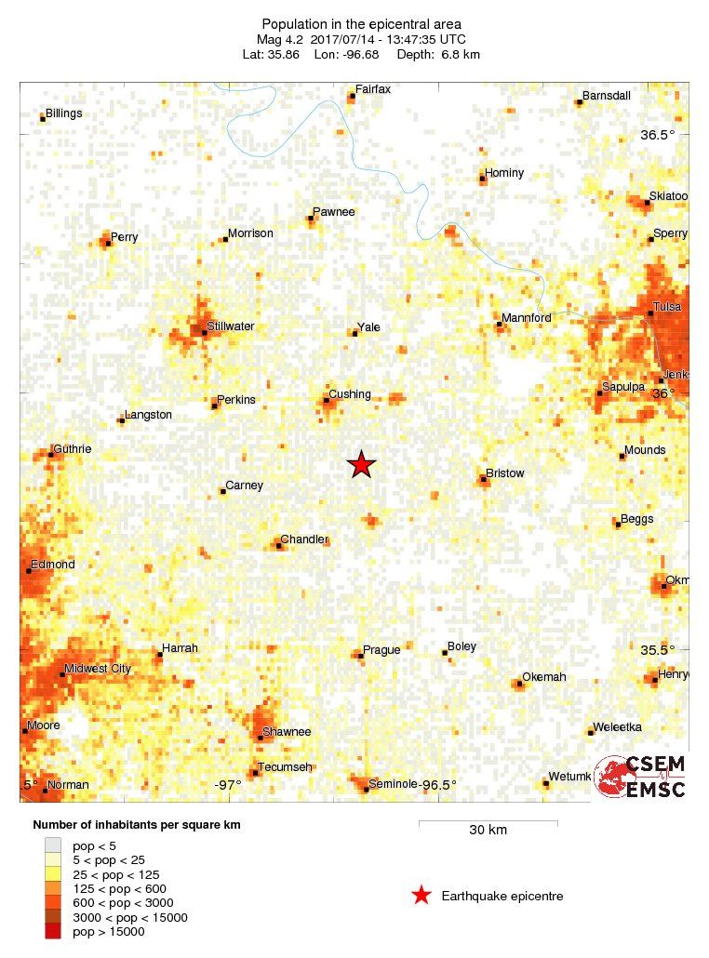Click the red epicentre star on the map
tap(361, 464)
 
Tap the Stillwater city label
tap(231, 326)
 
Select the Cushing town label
tap(350, 394)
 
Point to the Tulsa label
tap(667, 307)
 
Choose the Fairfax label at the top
tap(373, 89)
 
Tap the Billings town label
tap(63, 113)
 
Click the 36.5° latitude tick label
tap(657, 135)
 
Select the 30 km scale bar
tap(488, 822)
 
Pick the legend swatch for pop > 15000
tap(54, 932)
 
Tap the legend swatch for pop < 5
tap(54, 845)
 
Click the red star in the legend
tap(421, 896)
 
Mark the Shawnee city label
tap(287, 732)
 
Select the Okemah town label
tap(544, 677)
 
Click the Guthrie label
tap(73, 449)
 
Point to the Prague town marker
tap(361, 657)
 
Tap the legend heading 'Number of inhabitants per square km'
tap(142, 825)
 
